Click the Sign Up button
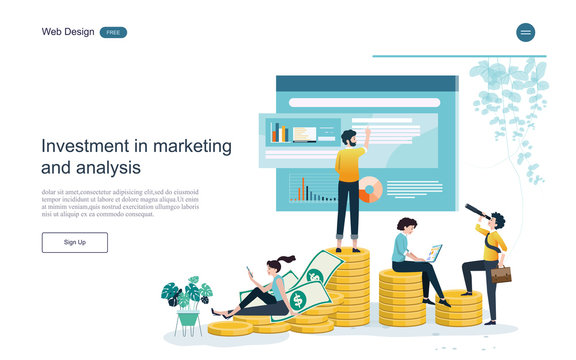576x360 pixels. tap(74, 242)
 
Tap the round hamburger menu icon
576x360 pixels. tap(525, 32)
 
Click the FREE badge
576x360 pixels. tap(113, 32)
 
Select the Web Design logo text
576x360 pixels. tap(68, 32)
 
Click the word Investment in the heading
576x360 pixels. tap(86, 146)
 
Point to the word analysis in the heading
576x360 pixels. tap(106, 168)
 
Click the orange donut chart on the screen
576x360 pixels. tap(370, 189)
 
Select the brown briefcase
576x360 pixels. tap(501, 273)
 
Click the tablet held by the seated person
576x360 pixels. tap(434, 252)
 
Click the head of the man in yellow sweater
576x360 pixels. tap(348, 138)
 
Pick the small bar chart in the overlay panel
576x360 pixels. tap(280, 132)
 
